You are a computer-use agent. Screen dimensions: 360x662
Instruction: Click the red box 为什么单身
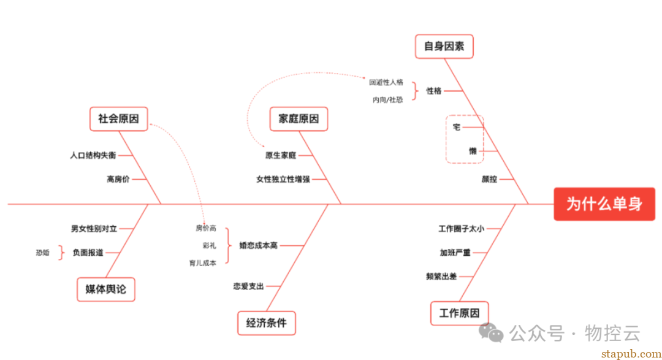pyautogui.click(x=604, y=204)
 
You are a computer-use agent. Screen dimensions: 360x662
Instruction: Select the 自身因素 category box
pyautogui.click(x=444, y=46)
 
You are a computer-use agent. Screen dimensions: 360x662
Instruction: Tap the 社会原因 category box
pyautogui.click(x=119, y=118)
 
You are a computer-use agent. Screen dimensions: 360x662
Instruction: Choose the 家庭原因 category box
pyautogui.click(x=299, y=118)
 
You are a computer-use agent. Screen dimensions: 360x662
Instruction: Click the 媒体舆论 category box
pyautogui.click(x=106, y=289)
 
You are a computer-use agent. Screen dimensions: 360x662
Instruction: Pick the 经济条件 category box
pyautogui.click(x=267, y=323)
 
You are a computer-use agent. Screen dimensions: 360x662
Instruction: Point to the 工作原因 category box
pyautogui.click(x=460, y=313)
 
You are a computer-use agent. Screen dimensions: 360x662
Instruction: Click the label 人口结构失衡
pyautogui.click(x=93, y=155)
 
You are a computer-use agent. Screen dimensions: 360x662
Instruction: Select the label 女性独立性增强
pyautogui.click(x=283, y=179)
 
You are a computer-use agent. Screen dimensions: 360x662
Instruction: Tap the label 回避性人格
pyautogui.click(x=386, y=82)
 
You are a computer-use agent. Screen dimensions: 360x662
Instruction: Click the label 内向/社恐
pyautogui.click(x=387, y=99)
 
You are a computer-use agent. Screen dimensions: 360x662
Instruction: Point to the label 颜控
pyautogui.click(x=489, y=179)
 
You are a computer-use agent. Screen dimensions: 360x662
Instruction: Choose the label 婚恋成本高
pyautogui.click(x=259, y=245)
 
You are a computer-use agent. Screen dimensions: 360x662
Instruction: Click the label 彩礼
pyautogui.click(x=209, y=245)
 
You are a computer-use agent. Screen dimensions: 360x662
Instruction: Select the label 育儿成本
pyautogui.click(x=203, y=263)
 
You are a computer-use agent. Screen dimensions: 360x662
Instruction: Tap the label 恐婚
pyautogui.click(x=42, y=252)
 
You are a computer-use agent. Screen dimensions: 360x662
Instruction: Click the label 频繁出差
pyautogui.click(x=441, y=277)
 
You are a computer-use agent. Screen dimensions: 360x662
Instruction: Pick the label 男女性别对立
pyautogui.click(x=94, y=229)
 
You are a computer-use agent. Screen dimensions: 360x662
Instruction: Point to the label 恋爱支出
pyautogui.click(x=248, y=286)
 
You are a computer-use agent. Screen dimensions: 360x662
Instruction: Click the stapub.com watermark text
pyautogui.click(x=628, y=353)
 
